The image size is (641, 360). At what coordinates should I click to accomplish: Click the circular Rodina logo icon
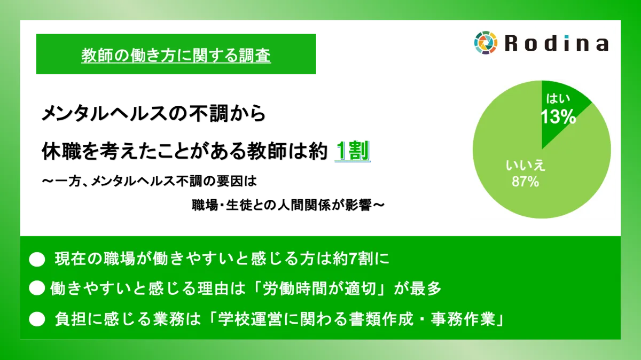point(486,43)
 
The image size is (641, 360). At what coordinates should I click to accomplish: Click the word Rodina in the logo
point(557,43)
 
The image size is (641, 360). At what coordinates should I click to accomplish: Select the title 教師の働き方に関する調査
point(176,55)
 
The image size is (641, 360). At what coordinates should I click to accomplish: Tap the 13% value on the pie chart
point(558,117)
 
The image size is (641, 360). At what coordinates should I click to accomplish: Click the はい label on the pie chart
point(558,99)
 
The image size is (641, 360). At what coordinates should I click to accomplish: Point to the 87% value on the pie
point(526,182)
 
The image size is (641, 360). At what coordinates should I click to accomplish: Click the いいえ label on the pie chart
point(526,166)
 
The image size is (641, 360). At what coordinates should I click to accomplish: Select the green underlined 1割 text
point(353,151)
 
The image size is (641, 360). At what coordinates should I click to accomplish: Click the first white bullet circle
point(37,260)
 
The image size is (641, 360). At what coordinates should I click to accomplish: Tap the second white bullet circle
point(37,288)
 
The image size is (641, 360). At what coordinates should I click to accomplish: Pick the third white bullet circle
point(37,319)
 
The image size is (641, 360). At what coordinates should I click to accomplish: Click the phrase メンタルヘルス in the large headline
point(105,114)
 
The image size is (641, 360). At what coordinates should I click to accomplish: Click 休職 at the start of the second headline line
point(61,151)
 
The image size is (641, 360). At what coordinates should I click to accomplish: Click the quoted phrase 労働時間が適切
point(319,288)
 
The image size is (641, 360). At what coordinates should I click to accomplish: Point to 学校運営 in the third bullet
point(251,319)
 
